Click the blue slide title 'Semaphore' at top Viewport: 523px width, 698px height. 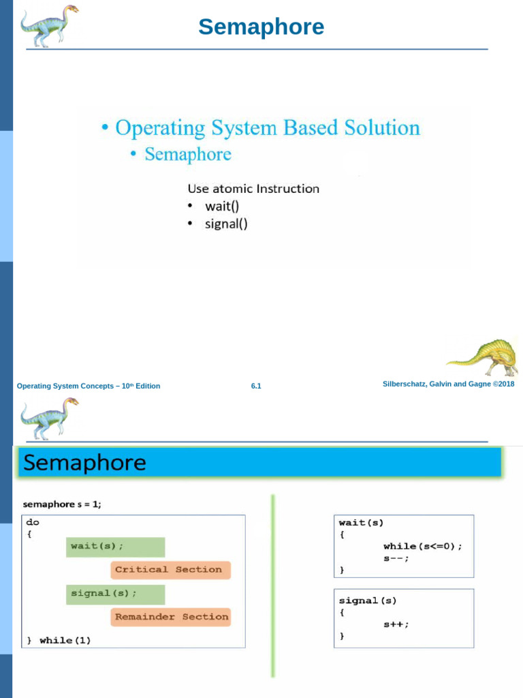coord(261,27)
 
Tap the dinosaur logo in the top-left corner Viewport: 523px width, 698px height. coord(48,25)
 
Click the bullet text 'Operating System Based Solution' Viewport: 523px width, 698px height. coord(267,127)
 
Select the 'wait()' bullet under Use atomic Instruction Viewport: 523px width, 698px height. coord(222,206)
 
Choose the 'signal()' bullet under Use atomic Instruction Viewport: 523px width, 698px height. coord(226,224)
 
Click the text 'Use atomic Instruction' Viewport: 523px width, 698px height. coord(253,188)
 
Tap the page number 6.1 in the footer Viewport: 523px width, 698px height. coord(256,386)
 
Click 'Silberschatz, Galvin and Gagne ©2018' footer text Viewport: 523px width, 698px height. coord(449,384)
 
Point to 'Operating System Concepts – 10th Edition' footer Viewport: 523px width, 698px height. coord(89,386)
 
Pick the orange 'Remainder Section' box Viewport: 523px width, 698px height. coord(170,617)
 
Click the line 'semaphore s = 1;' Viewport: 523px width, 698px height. coord(62,504)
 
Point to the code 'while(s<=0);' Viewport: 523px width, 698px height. coord(422,546)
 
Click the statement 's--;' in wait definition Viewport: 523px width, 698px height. coord(396,558)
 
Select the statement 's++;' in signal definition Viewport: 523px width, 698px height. coord(396,624)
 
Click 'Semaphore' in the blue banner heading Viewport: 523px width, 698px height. coord(84,464)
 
